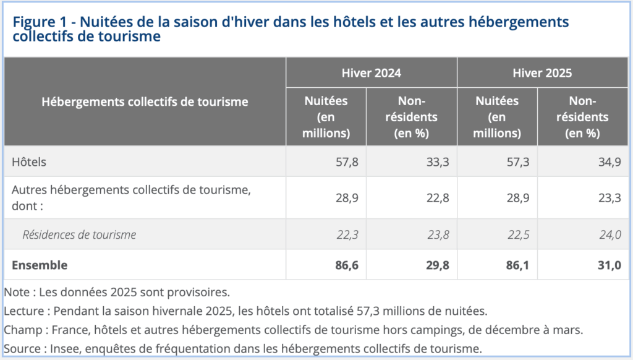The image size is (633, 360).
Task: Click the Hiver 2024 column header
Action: coord(372,73)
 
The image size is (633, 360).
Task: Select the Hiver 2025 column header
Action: coord(542,73)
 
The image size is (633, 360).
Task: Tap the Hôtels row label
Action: coord(29,161)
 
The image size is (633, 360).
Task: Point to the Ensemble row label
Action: coord(40,265)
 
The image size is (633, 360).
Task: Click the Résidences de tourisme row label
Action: coord(79,234)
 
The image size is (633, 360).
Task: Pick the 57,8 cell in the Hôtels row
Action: coord(347,162)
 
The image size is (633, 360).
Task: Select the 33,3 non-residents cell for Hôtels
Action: coord(438,162)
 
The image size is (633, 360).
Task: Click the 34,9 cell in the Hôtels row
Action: coord(610,162)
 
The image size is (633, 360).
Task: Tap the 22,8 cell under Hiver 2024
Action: coord(438,198)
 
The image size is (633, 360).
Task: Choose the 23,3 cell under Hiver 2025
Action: coord(610,198)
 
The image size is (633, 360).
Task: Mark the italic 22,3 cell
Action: coord(347,235)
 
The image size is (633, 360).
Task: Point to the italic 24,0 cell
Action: coord(610,235)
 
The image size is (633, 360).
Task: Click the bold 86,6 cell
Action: coord(347,265)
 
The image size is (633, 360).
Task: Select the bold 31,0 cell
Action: coord(610,265)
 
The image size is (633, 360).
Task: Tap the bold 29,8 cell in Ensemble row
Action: coord(438,265)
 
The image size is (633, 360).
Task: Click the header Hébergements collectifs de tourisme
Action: coord(145,101)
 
